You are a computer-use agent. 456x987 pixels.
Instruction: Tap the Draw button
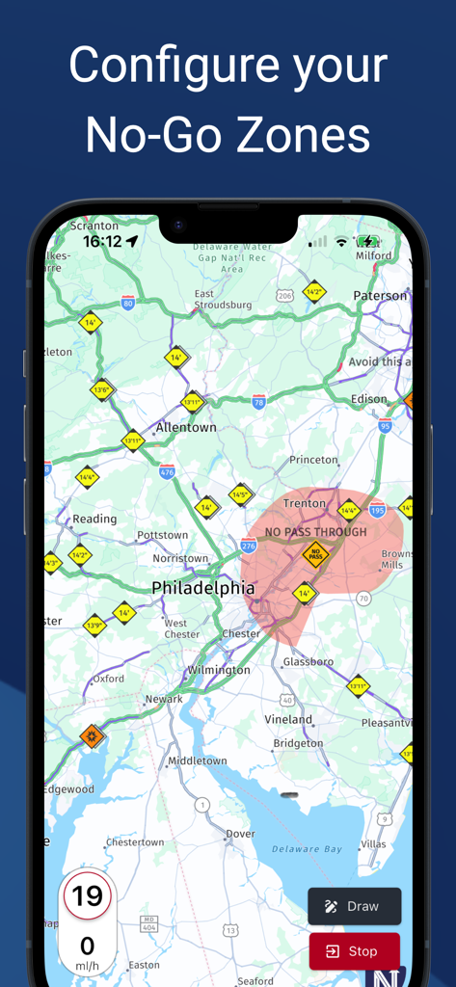354,906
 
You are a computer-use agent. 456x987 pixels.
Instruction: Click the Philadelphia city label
203,588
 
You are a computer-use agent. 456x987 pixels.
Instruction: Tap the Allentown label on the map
186,427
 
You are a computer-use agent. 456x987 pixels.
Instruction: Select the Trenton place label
304,504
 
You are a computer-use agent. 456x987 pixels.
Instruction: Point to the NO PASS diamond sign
315,554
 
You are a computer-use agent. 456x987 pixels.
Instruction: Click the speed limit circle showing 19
87,897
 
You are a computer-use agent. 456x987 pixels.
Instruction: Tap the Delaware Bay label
307,849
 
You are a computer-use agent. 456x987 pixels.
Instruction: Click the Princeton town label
313,461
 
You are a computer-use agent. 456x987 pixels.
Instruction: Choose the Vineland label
288,719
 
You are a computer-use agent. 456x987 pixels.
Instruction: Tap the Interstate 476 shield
167,471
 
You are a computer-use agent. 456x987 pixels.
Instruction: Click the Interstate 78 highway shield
258,402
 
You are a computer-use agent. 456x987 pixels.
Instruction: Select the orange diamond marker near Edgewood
92,737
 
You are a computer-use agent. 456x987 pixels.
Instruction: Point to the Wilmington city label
219,670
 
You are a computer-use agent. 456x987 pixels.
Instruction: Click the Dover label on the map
240,834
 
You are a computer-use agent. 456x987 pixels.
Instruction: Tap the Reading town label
94,519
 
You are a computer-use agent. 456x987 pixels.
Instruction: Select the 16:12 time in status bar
101,241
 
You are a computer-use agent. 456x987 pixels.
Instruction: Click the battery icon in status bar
368,241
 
